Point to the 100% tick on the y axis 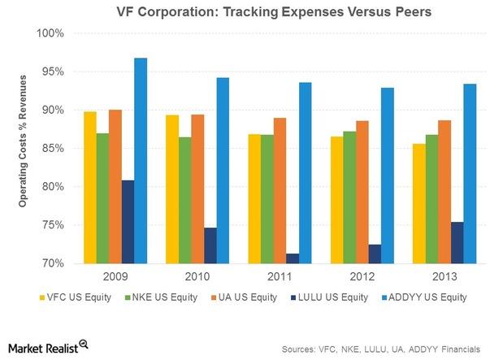[x=51, y=33]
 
